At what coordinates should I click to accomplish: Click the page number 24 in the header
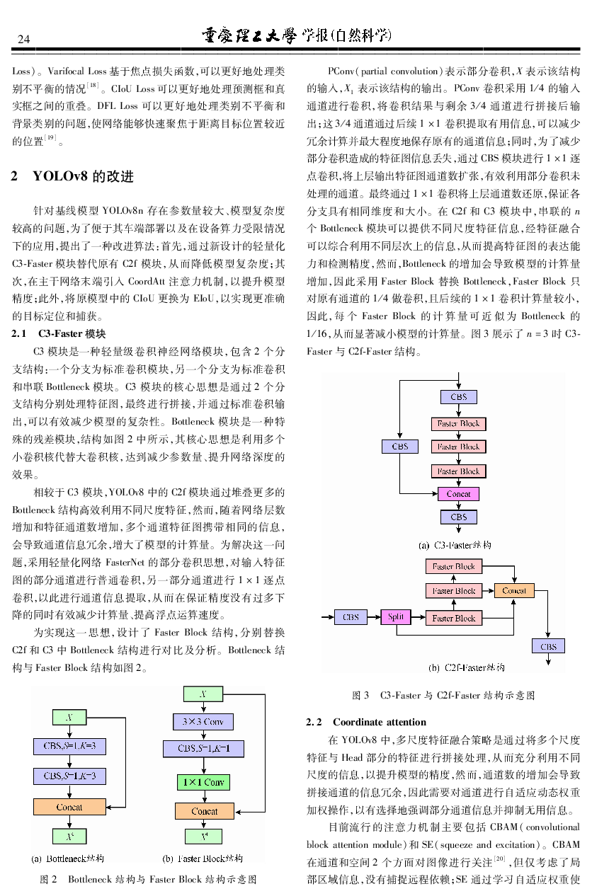(24, 38)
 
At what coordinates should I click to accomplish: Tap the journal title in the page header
(296, 36)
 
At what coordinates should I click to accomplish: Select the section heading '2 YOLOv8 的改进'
(72, 176)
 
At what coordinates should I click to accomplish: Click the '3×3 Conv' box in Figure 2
(203, 722)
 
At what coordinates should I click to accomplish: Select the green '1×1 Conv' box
(203, 782)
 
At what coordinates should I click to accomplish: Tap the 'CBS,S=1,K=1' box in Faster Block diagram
(203, 748)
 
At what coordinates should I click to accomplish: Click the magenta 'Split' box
(396, 617)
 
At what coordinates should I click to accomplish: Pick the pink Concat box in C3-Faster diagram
(458, 494)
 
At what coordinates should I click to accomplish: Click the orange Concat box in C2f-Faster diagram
(514, 590)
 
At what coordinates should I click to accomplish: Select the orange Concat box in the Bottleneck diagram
(69, 806)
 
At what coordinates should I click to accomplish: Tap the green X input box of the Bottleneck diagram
(69, 717)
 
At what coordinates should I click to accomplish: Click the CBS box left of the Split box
(351, 617)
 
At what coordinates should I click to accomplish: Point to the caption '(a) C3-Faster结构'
(455, 545)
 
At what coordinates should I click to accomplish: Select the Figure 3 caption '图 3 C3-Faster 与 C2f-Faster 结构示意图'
(443, 696)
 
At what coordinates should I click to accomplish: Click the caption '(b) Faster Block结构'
(203, 858)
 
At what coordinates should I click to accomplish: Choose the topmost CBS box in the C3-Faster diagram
(458, 397)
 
